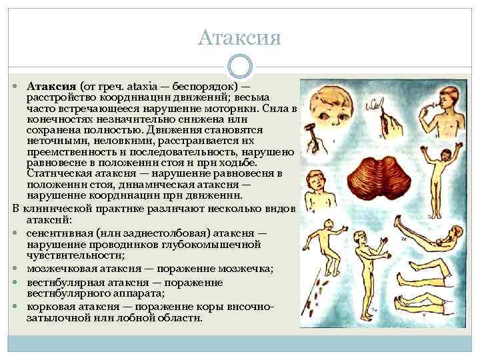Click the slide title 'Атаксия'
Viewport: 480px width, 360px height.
[x=239, y=37]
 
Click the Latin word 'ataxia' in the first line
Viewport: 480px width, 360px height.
[x=139, y=87]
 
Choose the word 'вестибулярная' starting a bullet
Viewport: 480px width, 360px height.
[x=65, y=281]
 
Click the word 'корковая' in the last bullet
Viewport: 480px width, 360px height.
[x=52, y=306]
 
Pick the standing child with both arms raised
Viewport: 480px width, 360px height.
[x=436, y=177]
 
